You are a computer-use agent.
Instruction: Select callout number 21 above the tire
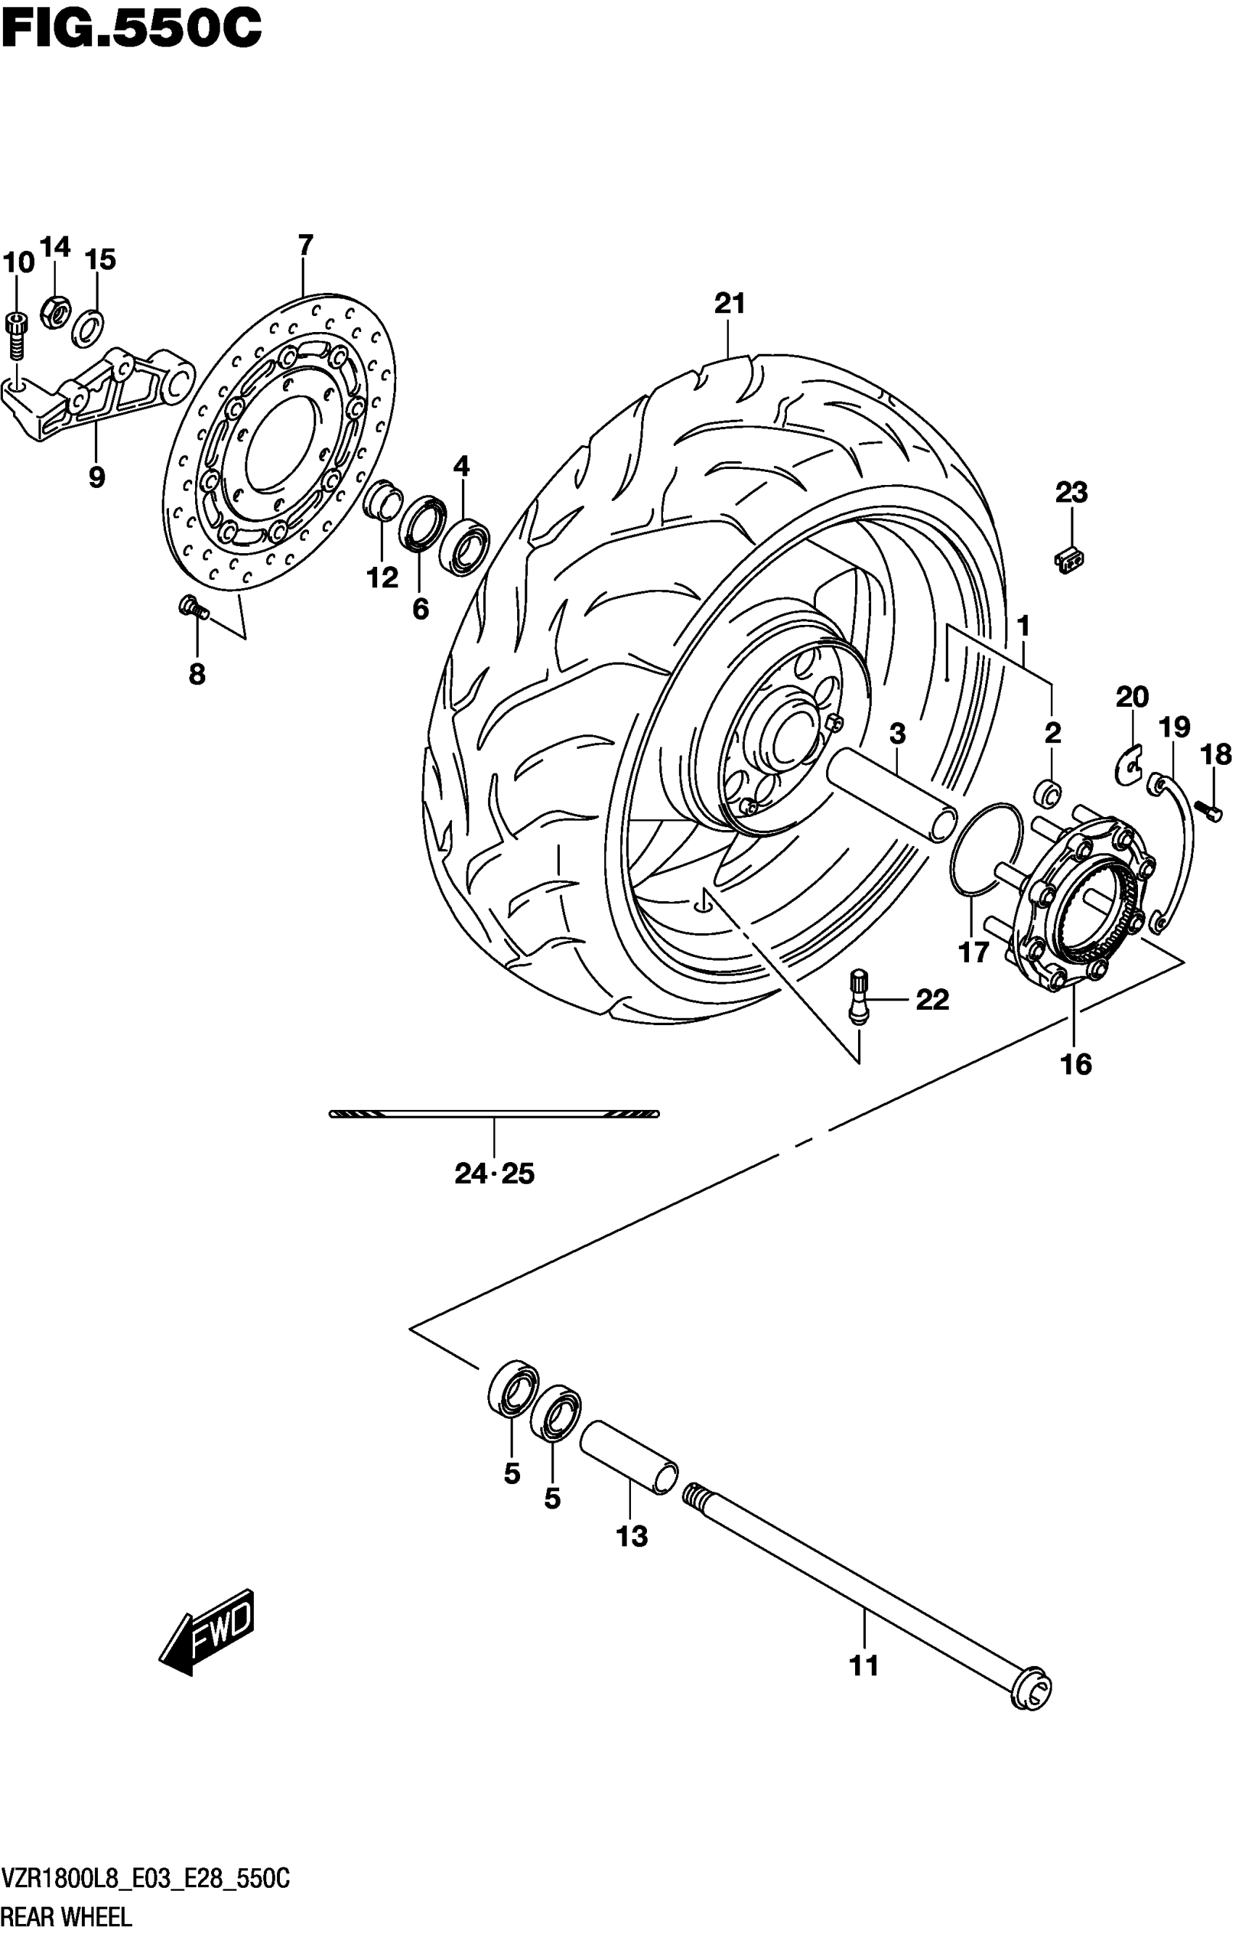tap(730, 304)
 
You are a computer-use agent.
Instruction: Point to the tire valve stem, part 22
tap(859, 998)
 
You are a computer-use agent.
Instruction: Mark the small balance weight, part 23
tap(1068, 558)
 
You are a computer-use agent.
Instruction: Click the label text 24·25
tap(494, 1174)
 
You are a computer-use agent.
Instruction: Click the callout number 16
tap(1076, 1064)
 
